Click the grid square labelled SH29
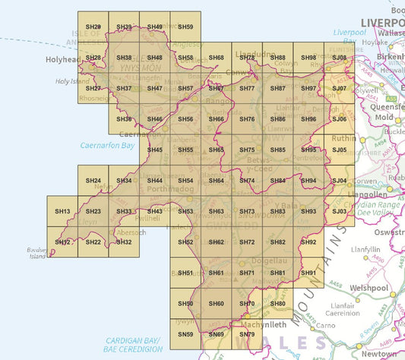pyautogui.click(x=93, y=27)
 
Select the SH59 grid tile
pyautogui.click(x=185, y=27)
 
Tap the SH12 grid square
pyautogui.click(x=62, y=242)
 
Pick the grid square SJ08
pyautogui.click(x=340, y=58)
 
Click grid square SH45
pyautogui.click(x=155, y=150)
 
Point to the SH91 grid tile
pyautogui.click(x=308, y=273)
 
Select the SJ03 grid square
pyautogui.click(x=340, y=211)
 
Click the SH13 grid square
pyautogui.click(x=62, y=211)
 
